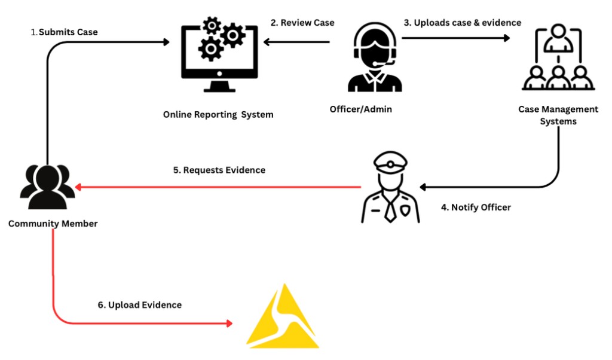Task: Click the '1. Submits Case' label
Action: coord(64,32)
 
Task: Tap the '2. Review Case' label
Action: coord(302,23)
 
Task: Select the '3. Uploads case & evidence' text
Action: coord(462,23)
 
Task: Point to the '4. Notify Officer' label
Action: coord(476,208)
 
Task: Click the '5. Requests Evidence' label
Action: coord(219,170)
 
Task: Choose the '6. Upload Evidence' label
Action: coord(139,305)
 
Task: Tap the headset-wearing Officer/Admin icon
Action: coord(374,58)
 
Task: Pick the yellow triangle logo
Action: coord(283,319)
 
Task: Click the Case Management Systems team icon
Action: coord(558,57)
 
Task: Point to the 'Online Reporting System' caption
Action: coord(218,114)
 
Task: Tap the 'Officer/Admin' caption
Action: coord(361,109)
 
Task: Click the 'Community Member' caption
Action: coord(53,224)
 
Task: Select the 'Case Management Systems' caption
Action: coord(558,115)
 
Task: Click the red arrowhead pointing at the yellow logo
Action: coord(229,324)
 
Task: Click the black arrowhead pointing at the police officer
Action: coord(423,187)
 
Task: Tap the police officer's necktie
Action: coord(389,209)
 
